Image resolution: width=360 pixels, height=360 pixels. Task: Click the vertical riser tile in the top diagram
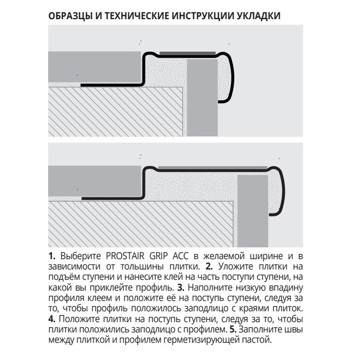[202, 98]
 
